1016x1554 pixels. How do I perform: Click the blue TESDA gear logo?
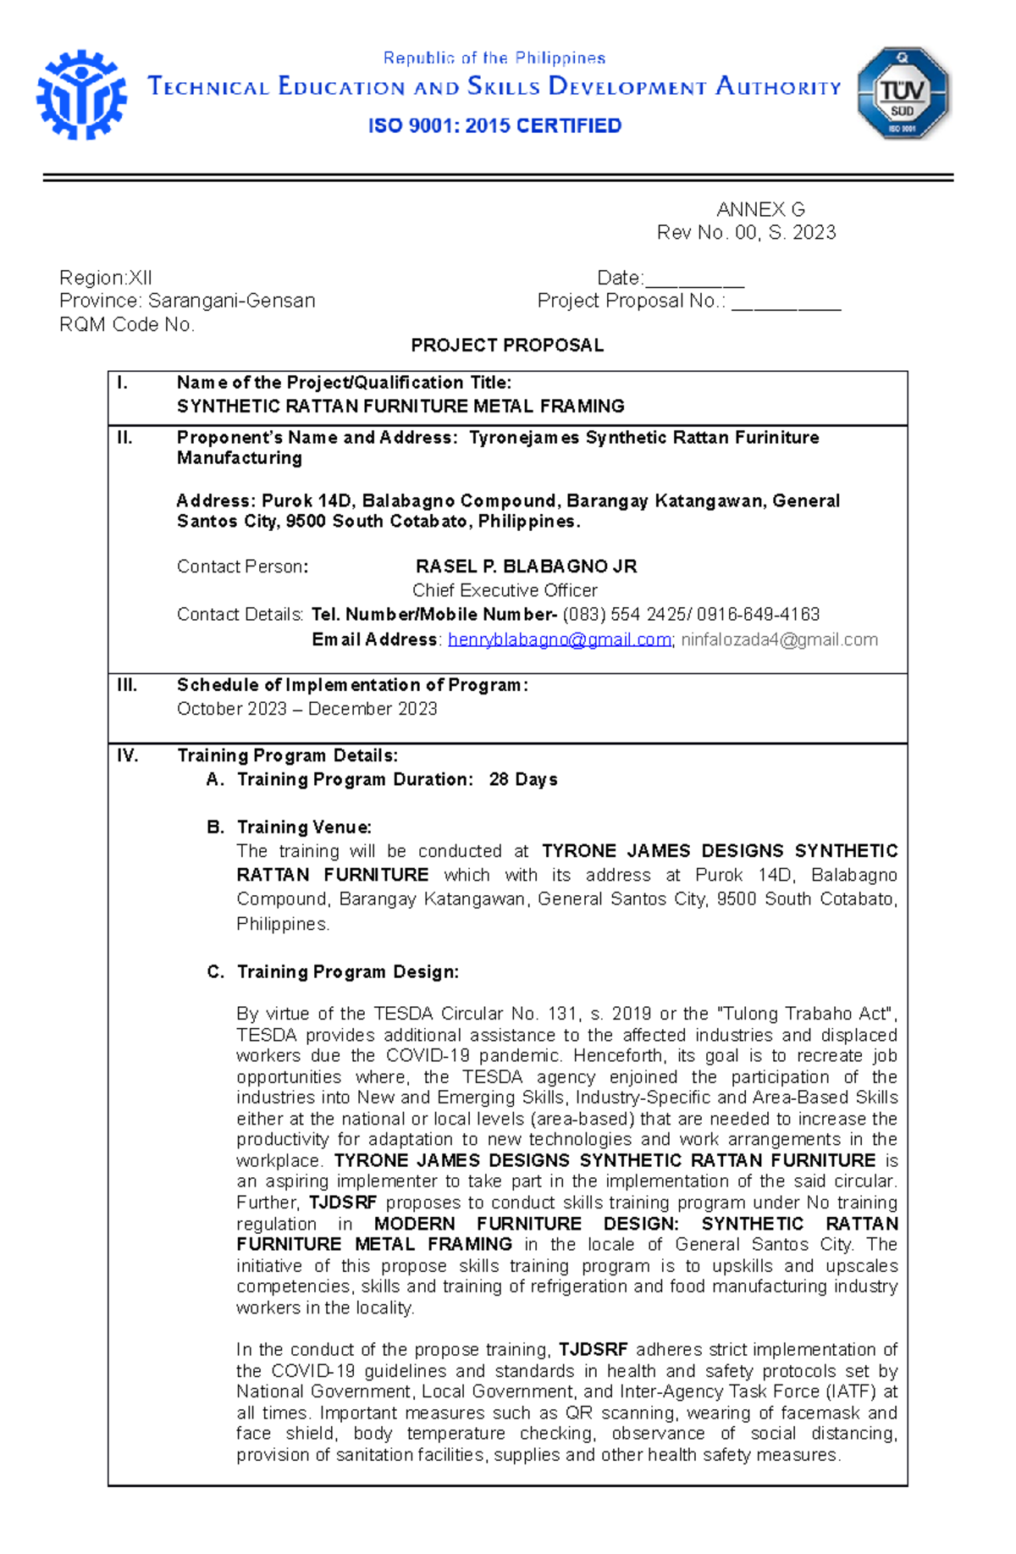(81, 95)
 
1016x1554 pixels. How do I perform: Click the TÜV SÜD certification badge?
(903, 93)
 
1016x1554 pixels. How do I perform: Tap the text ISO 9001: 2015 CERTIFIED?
(494, 126)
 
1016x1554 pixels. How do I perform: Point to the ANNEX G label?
(759, 209)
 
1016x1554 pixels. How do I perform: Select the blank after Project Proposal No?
(786, 302)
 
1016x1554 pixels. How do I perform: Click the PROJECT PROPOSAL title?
(506, 346)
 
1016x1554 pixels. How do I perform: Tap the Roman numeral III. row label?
(127, 685)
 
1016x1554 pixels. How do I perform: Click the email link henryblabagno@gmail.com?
(559, 640)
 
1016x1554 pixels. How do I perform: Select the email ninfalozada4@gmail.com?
(779, 640)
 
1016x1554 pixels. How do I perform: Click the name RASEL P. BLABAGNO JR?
(526, 567)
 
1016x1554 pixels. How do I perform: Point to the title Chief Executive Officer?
(505, 590)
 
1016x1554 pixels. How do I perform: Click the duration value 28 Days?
(522, 779)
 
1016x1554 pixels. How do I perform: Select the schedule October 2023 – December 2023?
(306, 709)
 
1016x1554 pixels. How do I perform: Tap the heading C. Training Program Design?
(333, 972)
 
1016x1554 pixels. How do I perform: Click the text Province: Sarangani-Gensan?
(187, 301)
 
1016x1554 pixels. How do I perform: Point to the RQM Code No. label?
(127, 325)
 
